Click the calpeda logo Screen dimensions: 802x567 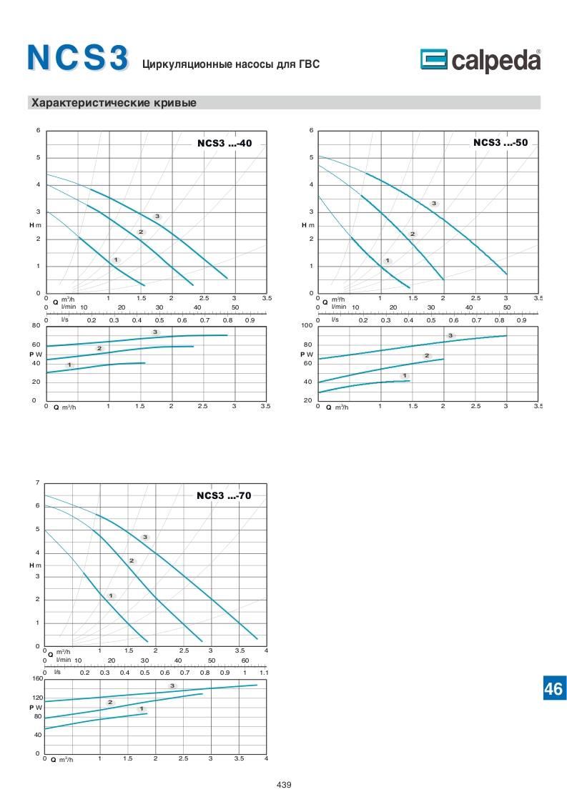tap(480, 61)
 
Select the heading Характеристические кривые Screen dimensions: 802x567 tap(114, 103)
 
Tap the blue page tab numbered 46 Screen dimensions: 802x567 tap(553, 688)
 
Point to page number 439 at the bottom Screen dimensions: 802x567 tap(284, 785)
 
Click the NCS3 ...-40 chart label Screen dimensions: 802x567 tap(224, 144)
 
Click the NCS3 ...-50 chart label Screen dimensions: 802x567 tap(500, 143)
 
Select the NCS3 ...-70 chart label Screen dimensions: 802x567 tap(224, 496)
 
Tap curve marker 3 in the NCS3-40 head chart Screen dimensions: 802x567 tap(157, 216)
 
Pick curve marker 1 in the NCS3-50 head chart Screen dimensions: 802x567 tap(388, 260)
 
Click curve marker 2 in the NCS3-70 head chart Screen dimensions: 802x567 tap(132, 560)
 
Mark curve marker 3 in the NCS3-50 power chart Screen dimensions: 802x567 tap(450, 335)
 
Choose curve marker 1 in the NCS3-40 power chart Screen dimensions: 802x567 tap(69, 365)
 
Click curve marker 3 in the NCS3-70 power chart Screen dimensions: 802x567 tap(172, 685)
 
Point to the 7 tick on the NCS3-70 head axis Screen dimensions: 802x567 tap(37, 484)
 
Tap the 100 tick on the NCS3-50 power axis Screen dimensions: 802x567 tap(307, 326)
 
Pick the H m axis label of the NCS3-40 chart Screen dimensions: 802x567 tap(35, 226)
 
